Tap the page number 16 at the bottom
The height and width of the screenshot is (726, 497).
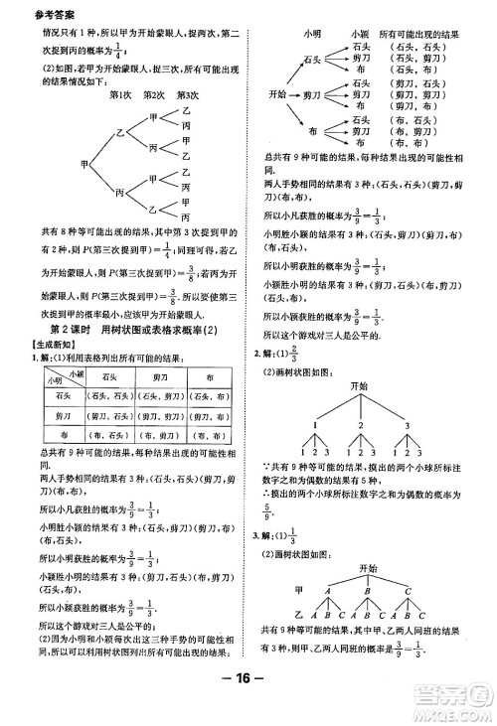pyautogui.click(x=247, y=709)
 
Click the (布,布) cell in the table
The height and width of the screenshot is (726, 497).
pyautogui.click(x=209, y=433)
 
